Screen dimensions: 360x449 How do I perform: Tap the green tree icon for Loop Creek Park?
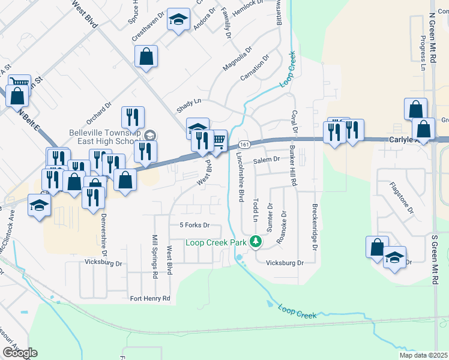256,242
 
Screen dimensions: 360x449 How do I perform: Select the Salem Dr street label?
267,160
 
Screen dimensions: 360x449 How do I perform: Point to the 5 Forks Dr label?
193,226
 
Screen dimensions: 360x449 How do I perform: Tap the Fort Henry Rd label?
150,298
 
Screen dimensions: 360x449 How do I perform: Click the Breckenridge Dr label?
315,227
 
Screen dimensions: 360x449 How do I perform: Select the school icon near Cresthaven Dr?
178,20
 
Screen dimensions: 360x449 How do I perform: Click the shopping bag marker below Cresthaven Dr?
146,58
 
